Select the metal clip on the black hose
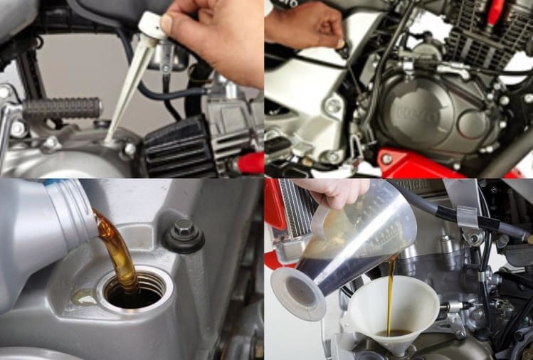tap(468, 216)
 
